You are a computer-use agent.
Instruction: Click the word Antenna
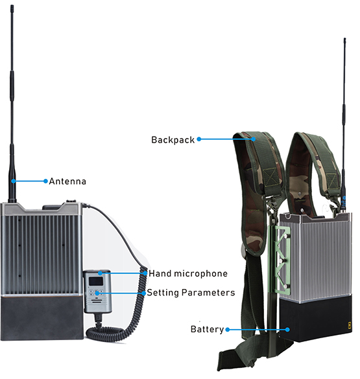tap(68, 181)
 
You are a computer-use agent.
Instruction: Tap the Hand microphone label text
tap(188, 273)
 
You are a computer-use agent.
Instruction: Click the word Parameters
tap(209, 293)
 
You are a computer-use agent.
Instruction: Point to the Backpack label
tap(173, 139)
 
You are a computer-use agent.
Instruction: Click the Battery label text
tap(207, 329)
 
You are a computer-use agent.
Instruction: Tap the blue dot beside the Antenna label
tap(46, 181)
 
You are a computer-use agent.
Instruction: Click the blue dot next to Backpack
tap(198, 139)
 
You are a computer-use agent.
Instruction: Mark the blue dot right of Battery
tap(227, 329)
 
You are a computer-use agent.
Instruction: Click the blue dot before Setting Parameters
tap(143, 293)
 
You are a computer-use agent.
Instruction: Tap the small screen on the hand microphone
tap(95, 281)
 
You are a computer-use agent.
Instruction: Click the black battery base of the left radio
tap(43, 317)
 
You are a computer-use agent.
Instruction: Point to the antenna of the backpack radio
tap(344, 130)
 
